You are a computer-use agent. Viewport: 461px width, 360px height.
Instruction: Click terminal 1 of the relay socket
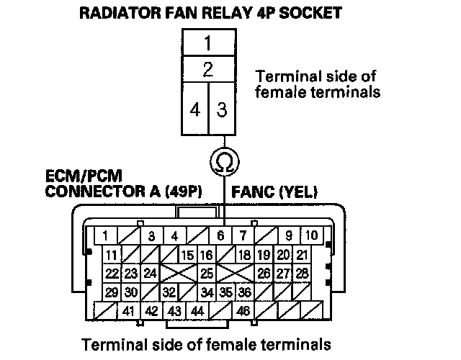[x=207, y=43]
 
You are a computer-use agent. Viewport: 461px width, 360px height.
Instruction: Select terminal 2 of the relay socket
[x=207, y=70]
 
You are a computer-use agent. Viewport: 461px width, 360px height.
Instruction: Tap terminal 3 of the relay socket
[x=221, y=110]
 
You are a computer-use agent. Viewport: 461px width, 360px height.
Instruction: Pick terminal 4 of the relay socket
[x=194, y=110]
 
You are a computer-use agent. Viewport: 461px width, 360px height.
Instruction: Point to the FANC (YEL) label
[x=274, y=192]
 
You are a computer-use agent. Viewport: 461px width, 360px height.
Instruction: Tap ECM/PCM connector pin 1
[x=106, y=235]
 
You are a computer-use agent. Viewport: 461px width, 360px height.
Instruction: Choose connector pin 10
[x=310, y=235]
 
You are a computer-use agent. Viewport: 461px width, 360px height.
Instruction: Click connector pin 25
[x=207, y=274]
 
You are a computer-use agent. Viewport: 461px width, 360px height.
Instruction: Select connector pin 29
[x=111, y=292]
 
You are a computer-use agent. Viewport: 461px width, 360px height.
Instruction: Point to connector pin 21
[x=302, y=255]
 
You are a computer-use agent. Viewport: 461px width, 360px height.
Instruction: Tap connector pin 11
[x=111, y=255]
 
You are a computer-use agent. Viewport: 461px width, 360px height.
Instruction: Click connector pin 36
[x=244, y=292]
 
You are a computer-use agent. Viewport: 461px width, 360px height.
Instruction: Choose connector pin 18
[x=244, y=255]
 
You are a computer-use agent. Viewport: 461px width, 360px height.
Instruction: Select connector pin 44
[x=197, y=312]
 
